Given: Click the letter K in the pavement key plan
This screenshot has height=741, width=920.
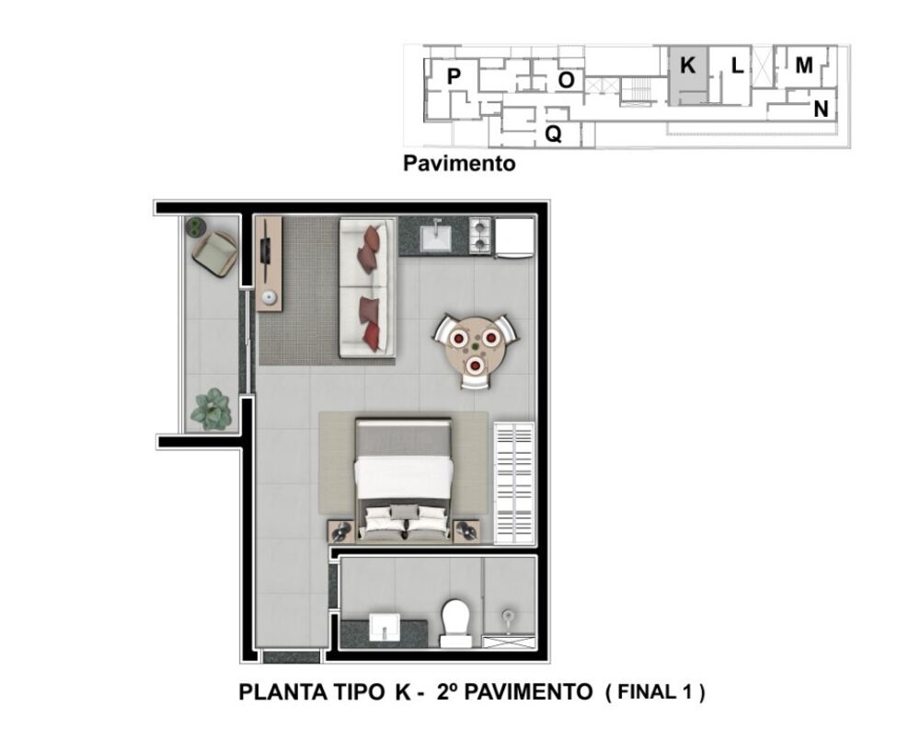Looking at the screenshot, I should point(687,66).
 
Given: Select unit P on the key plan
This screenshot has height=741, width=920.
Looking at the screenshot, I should point(454,76).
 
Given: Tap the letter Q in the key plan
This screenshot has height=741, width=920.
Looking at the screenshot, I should point(553,134).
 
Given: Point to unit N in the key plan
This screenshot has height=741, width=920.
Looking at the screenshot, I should point(821,110).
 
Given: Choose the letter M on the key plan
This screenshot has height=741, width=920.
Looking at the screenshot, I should point(804,65).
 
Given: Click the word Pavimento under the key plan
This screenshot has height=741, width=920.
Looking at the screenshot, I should point(459,165).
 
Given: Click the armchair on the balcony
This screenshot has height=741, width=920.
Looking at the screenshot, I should point(214,253).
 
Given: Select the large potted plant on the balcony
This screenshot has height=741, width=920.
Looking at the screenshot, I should point(212,410).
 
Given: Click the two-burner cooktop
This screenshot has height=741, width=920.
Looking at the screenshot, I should point(481,237).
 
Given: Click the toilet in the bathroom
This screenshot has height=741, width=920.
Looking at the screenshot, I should point(455,621).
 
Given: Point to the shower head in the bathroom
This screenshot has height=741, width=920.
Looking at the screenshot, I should point(507,614).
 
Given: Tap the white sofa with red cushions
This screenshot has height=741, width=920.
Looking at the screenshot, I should point(367,287).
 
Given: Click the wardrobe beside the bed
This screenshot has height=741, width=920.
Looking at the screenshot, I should point(514,483).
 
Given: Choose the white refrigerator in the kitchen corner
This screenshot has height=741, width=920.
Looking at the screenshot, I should point(514,237).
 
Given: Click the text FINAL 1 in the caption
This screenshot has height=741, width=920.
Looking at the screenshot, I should point(655,692).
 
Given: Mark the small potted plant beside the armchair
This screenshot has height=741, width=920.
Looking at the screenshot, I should point(195,226).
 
